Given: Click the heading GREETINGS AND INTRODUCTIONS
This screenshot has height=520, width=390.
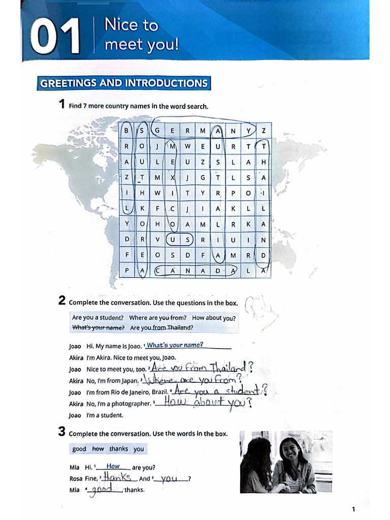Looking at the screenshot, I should point(123,83).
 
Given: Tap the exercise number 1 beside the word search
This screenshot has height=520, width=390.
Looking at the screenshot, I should point(61,105).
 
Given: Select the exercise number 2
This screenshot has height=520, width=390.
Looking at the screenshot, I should point(61,301).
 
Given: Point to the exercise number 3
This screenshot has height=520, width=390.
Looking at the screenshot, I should point(61,433).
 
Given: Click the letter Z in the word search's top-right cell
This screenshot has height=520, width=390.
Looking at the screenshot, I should point(264,131).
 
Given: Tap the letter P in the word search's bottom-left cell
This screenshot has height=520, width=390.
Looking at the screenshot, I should point(126,271).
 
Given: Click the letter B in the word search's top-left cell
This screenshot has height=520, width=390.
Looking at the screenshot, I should point(126,131).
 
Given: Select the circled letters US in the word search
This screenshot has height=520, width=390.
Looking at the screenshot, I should point(180,240).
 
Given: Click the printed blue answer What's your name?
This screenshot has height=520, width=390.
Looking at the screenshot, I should point(175,345).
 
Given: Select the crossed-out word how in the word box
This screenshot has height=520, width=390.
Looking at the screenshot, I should point(98,449).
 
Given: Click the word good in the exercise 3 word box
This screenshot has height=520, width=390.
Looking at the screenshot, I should point(80,449).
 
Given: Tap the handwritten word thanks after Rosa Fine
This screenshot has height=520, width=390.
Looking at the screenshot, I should point(118,478).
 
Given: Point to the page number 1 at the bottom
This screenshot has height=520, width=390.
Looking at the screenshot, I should point(353,509).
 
